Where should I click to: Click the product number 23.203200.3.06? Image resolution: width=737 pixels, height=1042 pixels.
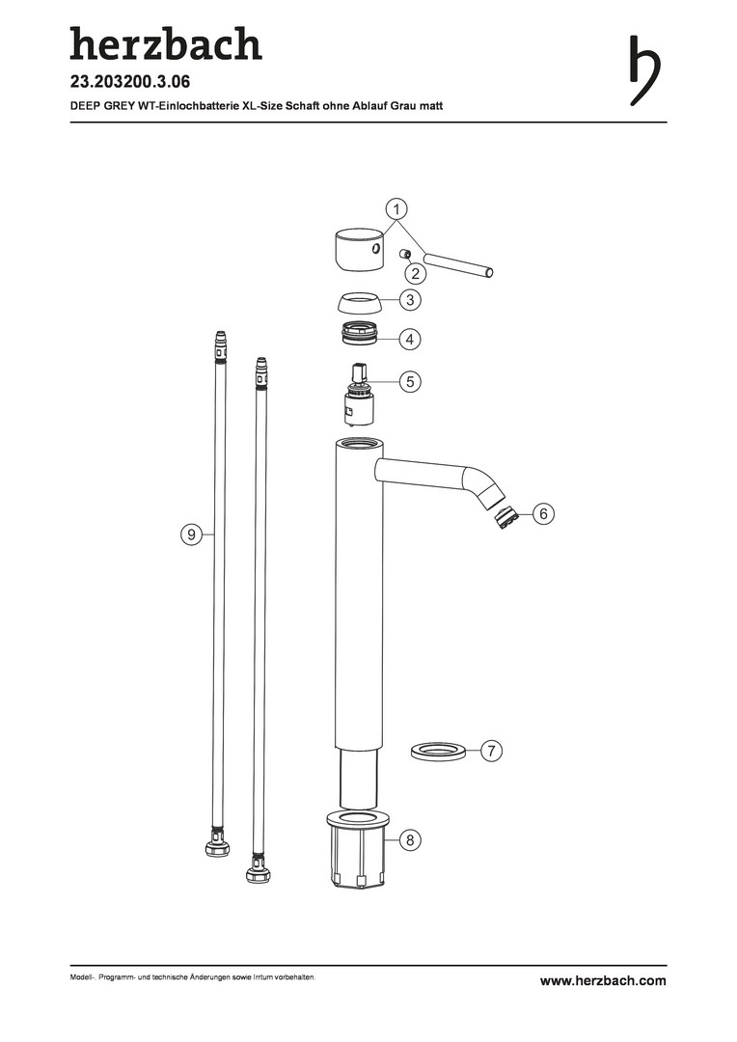tap(130, 82)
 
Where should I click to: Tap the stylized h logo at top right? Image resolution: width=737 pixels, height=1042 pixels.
tap(644, 70)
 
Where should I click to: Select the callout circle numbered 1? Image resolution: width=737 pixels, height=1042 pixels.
tap(396, 209)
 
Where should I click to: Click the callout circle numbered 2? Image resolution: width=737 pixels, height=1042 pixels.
tap(416, 273)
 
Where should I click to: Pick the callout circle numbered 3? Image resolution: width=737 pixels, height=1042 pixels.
tap(410, 300)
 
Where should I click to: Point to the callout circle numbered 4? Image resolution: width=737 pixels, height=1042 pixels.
tap(410, 339)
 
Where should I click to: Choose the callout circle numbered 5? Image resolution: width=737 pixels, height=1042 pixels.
tap(410, 381)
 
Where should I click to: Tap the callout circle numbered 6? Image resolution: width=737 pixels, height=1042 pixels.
tap(543, 513)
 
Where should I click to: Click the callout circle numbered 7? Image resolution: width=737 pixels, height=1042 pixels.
tap(491, 751)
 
